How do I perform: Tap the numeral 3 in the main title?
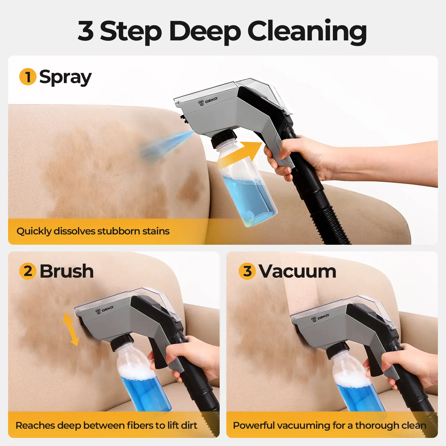86,31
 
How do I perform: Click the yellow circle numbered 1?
28,77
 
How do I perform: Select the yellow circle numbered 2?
28,271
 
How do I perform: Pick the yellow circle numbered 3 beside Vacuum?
247,271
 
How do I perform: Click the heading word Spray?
66,77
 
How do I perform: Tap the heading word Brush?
67,271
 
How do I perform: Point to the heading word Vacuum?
297,271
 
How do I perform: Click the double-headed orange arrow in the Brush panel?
71,329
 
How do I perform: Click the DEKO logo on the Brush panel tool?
105,309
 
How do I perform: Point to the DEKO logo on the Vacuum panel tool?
320,317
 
